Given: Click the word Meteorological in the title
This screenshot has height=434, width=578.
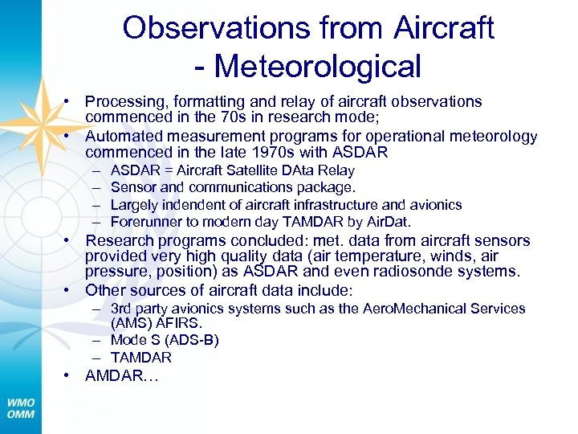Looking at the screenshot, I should tap(318, 66).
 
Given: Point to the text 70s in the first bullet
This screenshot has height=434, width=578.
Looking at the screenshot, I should tap(251, 117).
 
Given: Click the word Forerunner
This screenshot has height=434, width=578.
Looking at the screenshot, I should tap(144, 222).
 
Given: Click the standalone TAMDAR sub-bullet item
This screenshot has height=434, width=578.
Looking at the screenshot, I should tap(141, 358).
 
